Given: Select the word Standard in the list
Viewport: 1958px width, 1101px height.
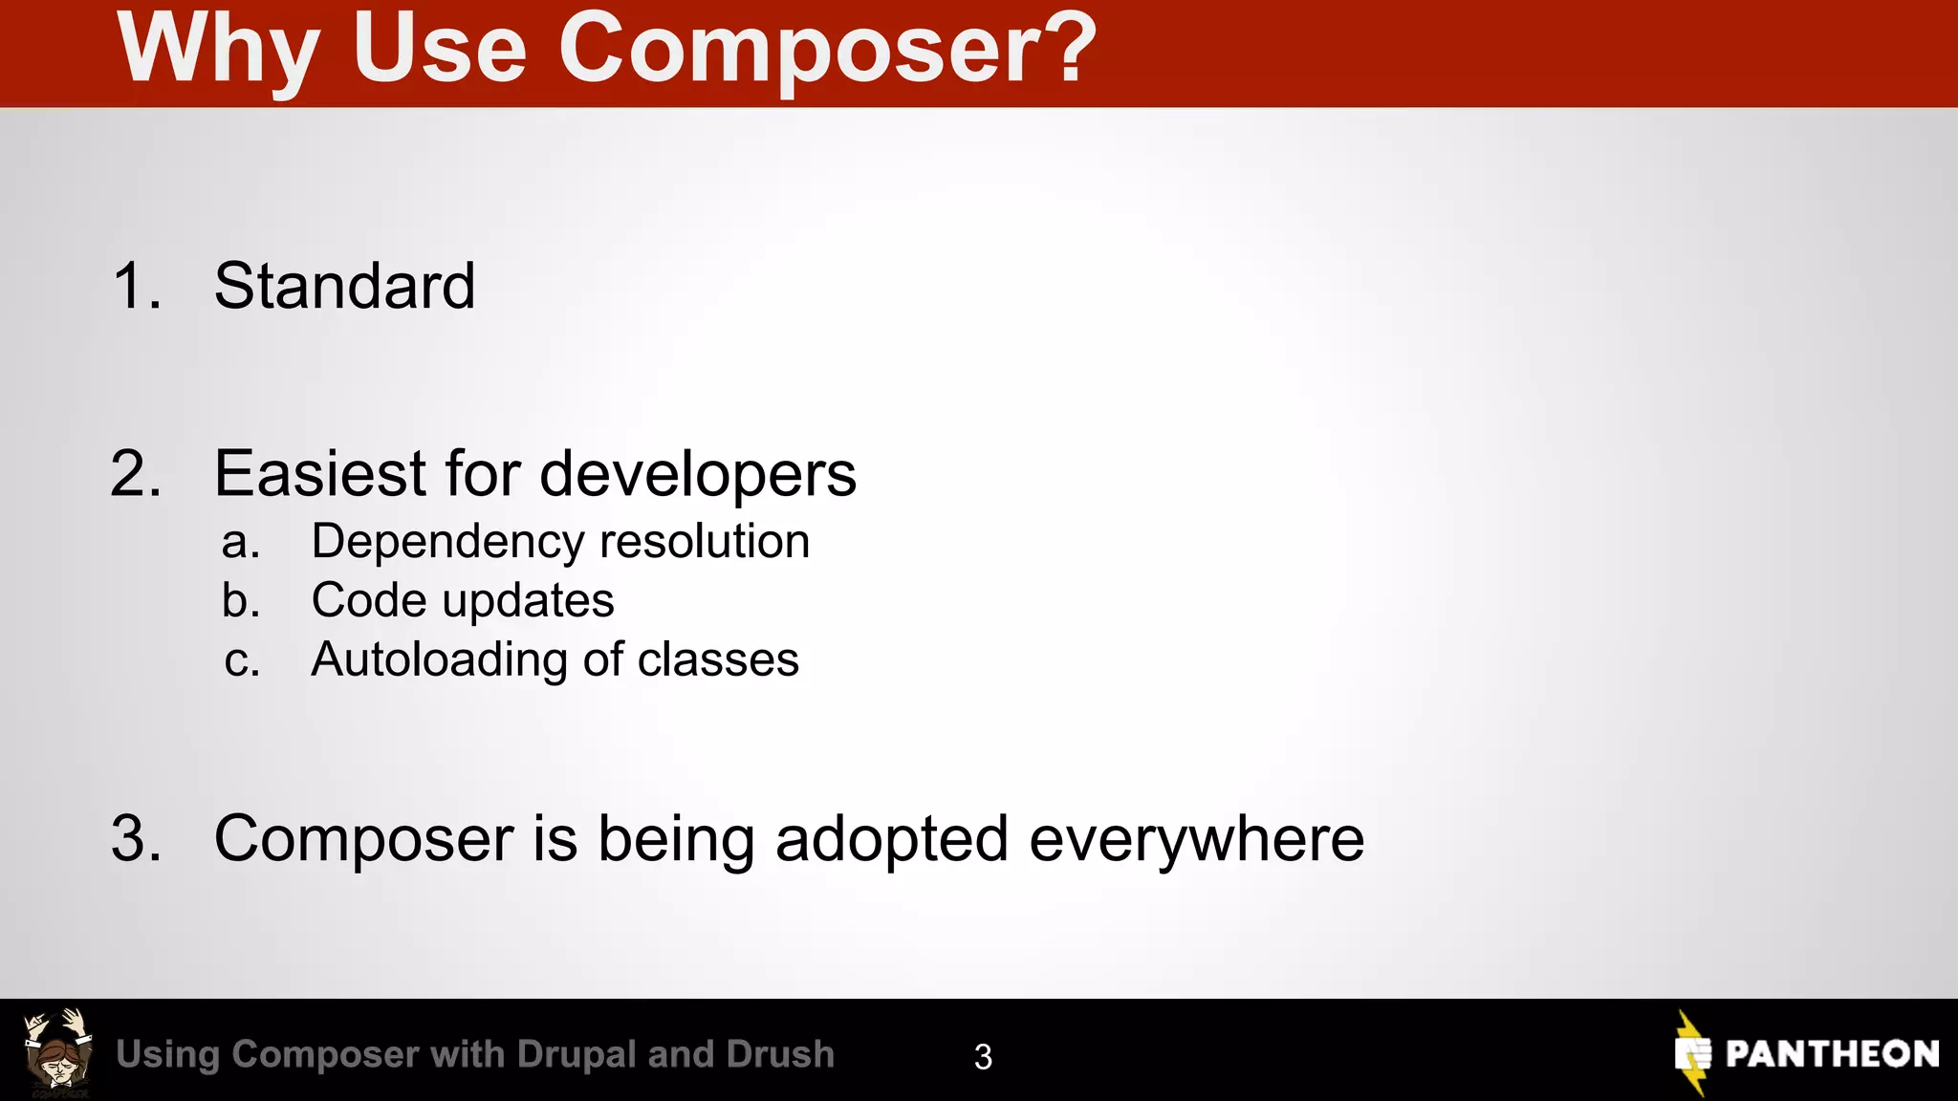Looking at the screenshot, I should tap(344, 286).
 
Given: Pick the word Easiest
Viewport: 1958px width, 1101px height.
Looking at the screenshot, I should tap(320, 474).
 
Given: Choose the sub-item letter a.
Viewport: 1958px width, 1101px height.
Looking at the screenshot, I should tap(240, 542).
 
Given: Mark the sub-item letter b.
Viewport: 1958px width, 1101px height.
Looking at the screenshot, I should tap(240, 600).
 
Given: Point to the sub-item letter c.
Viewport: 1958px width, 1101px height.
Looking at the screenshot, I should tap(241, 660).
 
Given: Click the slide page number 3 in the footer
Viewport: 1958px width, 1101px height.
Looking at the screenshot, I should tap(983, 1057).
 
